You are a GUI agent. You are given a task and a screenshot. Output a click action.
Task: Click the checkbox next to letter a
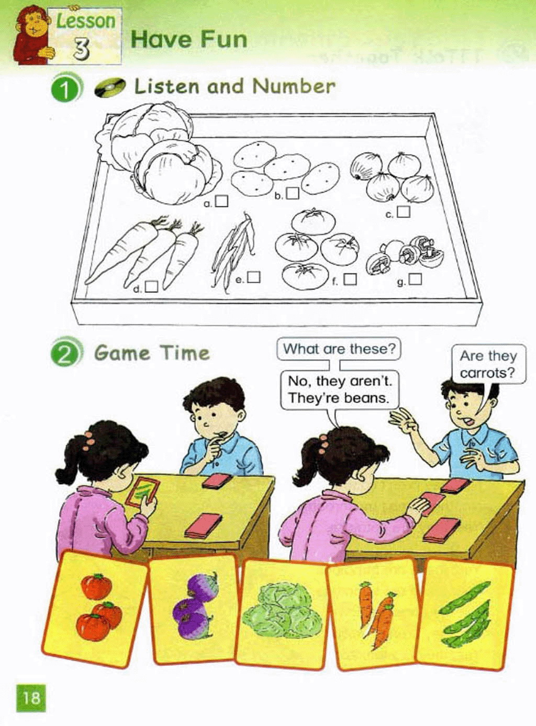click(221, 200)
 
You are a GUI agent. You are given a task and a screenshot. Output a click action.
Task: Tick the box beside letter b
click(293, 193)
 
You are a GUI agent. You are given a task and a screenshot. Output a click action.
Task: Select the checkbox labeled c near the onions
click(404, 211)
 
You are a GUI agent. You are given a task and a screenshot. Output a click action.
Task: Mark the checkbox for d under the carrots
click(152, 286)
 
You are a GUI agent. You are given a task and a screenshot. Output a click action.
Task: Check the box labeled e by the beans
click(254, 277)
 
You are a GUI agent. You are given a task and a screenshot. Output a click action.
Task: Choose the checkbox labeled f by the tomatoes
click(350, 279)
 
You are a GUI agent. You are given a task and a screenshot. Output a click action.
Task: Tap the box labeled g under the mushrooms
click(416, 279)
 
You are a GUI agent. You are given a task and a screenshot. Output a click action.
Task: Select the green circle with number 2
click(66, 353)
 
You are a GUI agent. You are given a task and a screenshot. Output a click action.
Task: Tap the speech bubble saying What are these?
click(339, 349)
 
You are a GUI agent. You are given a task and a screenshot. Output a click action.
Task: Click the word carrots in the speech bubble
click(488, 373)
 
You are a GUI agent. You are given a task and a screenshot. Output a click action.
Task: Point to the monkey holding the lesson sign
click(33, 36)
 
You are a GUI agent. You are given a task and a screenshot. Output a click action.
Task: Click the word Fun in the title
click(224, 39)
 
